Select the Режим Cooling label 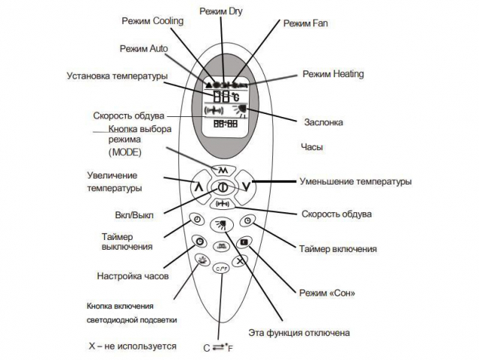coord(156,22)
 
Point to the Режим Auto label coord(143,48)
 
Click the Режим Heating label coord(333,74)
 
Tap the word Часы coord(311,148)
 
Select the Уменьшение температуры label coord(355,181)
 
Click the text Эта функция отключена coord(298,331)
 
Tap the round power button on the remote coord(222,187)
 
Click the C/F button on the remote coord(221,268)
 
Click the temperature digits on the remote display coord(220,97)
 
